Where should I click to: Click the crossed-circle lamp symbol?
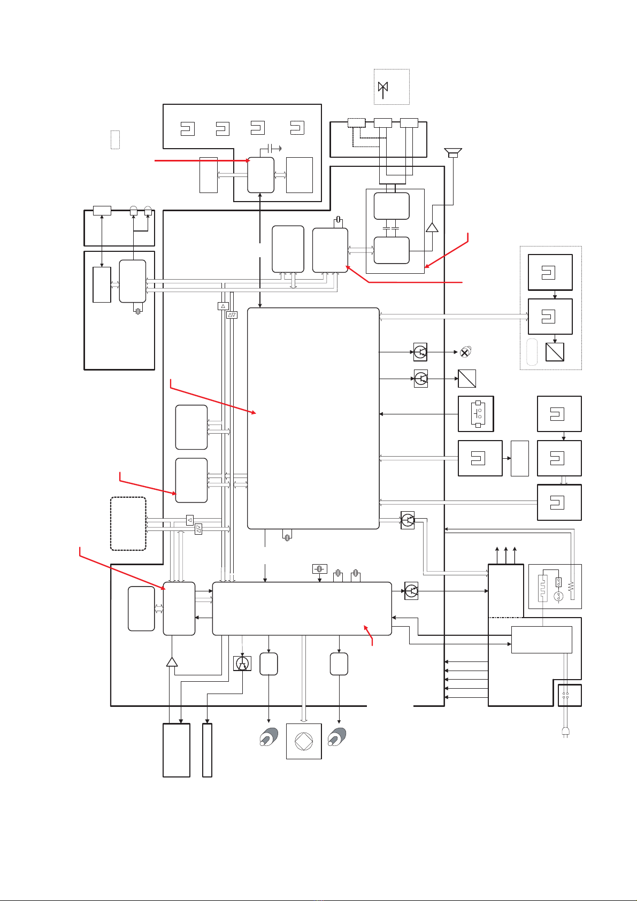tap(465, 352)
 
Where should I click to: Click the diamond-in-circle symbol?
tap(304, 741)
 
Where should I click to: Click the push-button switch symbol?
tap(476, 414)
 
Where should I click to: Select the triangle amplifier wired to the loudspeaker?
tap(432, 227)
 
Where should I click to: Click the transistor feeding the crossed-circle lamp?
tap(420, 352)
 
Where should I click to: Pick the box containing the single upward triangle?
tap(224, 306)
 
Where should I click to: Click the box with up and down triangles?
tap(232, 314)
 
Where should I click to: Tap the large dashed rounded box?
tap(128, 523)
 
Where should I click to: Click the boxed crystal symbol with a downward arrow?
tap(319, 568)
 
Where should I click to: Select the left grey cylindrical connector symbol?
tap(268, 738)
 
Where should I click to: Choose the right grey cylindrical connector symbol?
tap(338, 738)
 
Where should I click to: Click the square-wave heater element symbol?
tap(543, 586)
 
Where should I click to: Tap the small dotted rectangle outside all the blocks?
tap(115, 139)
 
